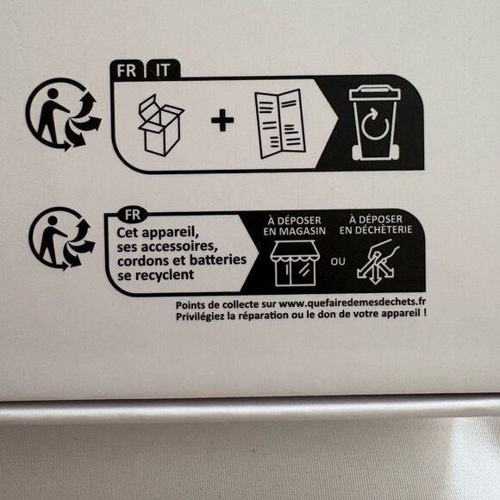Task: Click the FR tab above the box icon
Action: tap(127, 70)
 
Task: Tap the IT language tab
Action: tap(163, 70)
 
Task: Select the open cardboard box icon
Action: tap(161, 125)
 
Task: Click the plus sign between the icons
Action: tap(222, 120)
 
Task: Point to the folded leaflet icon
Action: tap(279, 124)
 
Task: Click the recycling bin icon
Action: tap(375, 122)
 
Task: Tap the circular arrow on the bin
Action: tap(375, 124)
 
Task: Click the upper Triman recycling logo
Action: tap(63, 114)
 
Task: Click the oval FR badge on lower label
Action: tap(133, 215)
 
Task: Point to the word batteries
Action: tap(218, 259)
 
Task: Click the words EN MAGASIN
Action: tap(295, 231)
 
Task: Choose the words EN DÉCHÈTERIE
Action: tap(376, 229)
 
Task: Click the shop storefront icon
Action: tap(293, 264)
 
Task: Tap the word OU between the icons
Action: tap(338, 262)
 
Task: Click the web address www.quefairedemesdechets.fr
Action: tap(353, 303)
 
